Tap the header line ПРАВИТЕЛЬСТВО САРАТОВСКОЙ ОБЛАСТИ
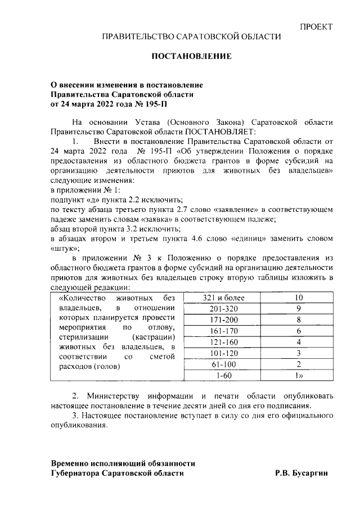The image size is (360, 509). [x=191, y=37]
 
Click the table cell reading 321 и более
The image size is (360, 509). [x=220, y=298]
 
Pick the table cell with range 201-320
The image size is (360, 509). [x=220, y=309]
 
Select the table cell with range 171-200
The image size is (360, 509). [x=220, y=319]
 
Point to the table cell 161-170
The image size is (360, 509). [x=220, y=331]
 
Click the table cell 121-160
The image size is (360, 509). [x=220, y=341]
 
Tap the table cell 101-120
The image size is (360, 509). [x=220, y=353]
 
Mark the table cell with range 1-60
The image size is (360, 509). [x=220, y=375]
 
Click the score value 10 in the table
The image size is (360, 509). [x=299, y=298]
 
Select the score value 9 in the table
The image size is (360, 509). [x=299, y=309]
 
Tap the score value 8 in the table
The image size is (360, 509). [x=299, y=319]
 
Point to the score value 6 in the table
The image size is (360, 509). [x=299, y=331]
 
